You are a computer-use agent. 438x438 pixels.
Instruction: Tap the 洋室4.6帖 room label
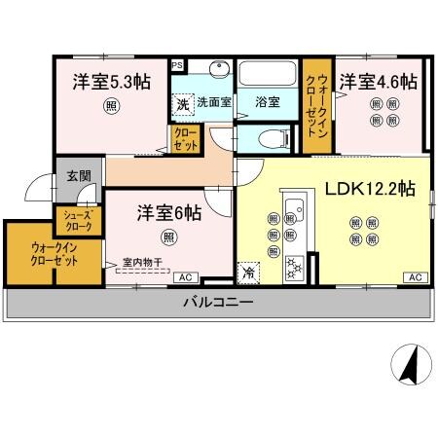(378, 83)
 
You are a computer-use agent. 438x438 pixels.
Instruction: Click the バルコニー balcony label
(218, 303)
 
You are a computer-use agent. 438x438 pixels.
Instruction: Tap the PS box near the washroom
(176, 64)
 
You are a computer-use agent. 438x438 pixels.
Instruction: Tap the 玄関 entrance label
(78, 176)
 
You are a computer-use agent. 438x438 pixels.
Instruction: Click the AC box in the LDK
(414, 278)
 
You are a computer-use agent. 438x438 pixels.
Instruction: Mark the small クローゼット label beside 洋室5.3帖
(182, 138)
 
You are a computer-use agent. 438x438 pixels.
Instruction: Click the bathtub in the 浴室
(268, 75)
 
